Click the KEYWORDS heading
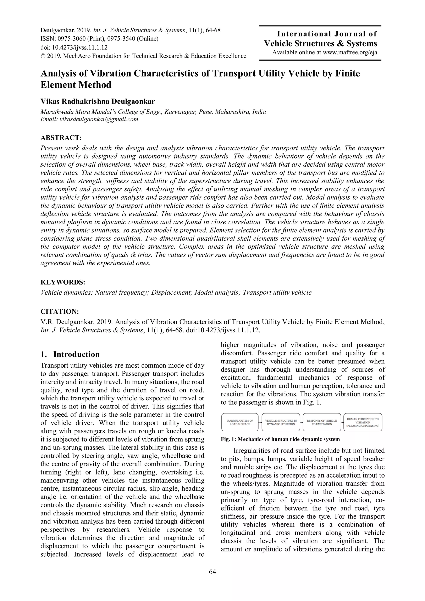tap(63, 282)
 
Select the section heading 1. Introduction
tap(70, 354)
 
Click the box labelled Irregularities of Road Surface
tap(240, 422)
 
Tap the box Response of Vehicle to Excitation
tap(322, 422)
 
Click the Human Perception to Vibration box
tap(363, 422)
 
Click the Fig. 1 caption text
tap(280, 439)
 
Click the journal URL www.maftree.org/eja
tap(350, 52)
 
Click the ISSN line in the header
tap(99, 39)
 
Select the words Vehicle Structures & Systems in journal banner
tap(321, 43)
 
